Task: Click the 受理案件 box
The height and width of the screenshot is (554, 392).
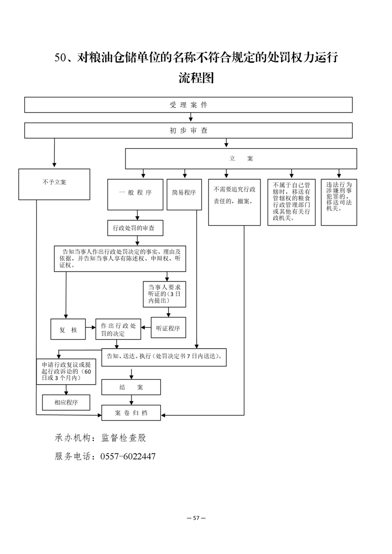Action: [x=188, y=105]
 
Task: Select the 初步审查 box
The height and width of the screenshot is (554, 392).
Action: [x=188, y=130]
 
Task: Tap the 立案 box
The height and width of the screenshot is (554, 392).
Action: [x=241, y=158]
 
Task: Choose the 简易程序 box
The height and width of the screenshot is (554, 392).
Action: [x=184, y=193]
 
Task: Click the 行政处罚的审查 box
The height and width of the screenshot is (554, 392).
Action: [x=135, y=228]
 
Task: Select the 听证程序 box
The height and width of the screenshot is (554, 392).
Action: [x=168, y=328]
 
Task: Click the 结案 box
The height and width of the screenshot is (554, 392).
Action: [x=131, y=387]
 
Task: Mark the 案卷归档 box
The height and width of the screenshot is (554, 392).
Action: [x=131, y=412]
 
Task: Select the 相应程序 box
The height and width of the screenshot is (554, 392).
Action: [x=66, y=402]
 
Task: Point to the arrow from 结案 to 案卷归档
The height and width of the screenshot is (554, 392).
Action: [x=131, y=399]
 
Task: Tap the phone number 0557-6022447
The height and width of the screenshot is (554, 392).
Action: [x=128, y=457]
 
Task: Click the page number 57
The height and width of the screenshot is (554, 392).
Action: [x=196, y=518]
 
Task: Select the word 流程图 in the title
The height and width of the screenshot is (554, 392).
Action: [x=196, y=78]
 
